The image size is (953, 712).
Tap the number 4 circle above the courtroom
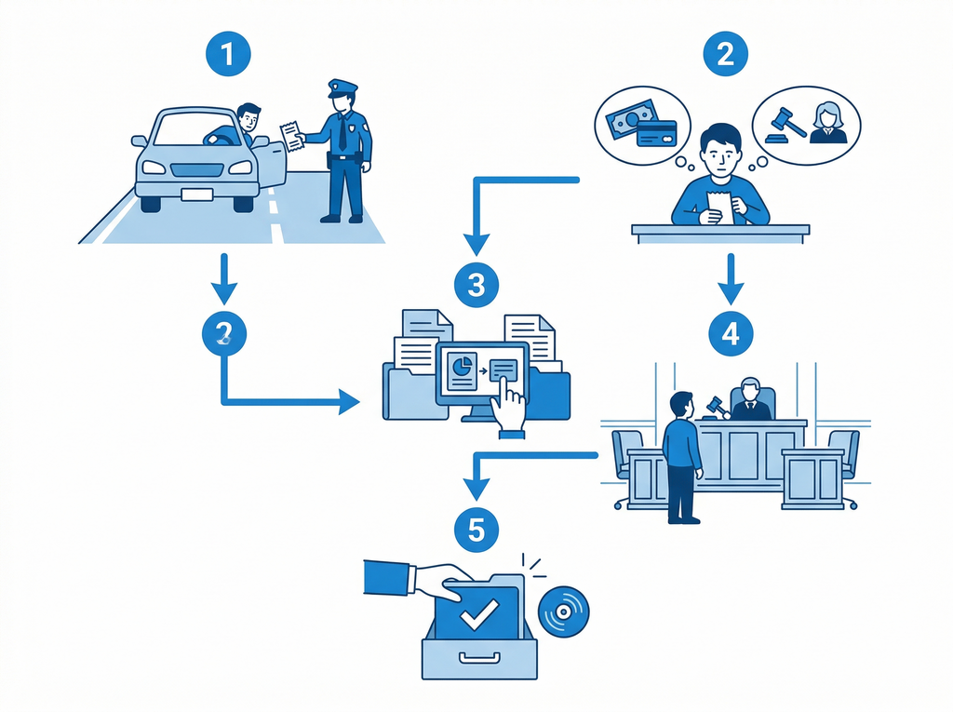coord(731,333)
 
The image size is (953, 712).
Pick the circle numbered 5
coord(476,530)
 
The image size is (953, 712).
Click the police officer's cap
coord(342,89)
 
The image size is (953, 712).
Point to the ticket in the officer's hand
coord(292,136)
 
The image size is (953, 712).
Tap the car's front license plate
coord(196,195)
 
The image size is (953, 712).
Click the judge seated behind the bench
coord(750,400)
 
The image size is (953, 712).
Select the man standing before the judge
coord(682,455)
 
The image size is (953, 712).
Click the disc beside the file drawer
coord(562,611)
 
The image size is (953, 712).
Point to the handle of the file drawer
coord(478,662)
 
